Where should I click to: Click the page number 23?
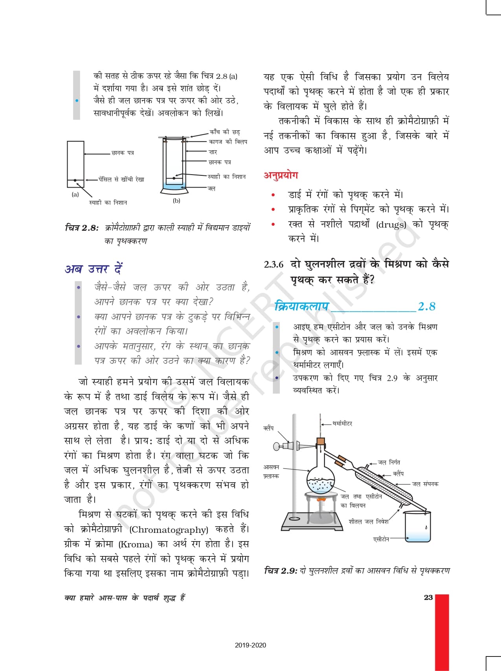point(428,598)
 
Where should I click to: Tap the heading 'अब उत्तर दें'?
point(94,269)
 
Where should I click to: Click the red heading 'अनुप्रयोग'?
point(281,175)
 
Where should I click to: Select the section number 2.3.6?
point(273,264)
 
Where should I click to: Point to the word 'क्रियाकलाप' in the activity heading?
point(301,306)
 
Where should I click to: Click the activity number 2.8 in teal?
point(426,306)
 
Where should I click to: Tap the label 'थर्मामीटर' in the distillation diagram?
point(342,424)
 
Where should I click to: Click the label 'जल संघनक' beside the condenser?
point(425,484)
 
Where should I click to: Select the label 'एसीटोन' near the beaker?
point(381,540)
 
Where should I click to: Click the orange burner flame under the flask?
point(321,500)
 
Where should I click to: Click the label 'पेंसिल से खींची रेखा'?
point(121,179)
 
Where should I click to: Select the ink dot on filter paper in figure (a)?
point(75,180)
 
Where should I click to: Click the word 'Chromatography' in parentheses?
point(169,530)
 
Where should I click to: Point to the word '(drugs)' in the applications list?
point(391,225)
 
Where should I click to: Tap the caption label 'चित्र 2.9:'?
point(281,571)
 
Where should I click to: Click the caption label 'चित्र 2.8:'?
point(81,228)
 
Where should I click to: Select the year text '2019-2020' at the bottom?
point(250,645)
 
